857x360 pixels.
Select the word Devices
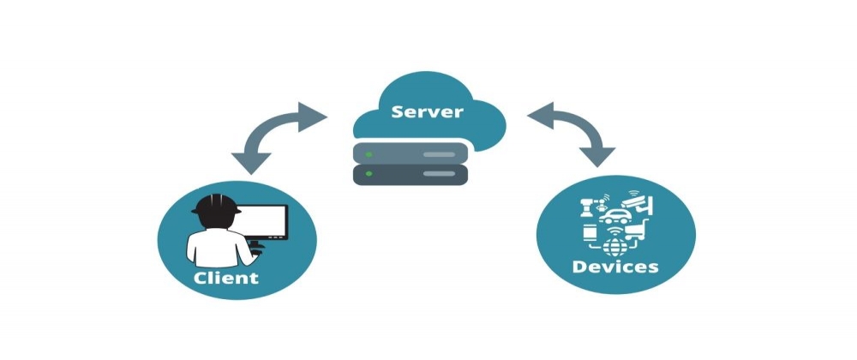[x=615, y=267]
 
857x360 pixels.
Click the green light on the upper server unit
[x=369, y=154]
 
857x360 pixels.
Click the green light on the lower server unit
[x=369, y=174]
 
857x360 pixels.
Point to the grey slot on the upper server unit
[x=440, y=154]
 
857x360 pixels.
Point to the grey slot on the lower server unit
[x=440, y=174]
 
